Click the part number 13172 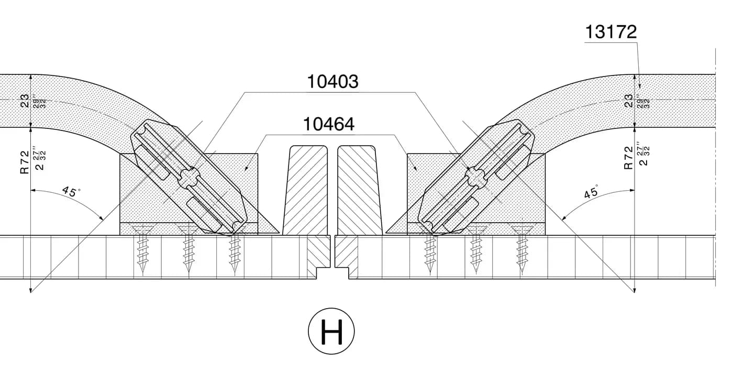(x=610, y=32)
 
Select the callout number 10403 (x=332, y=81)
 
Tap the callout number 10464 (x=329, y=124)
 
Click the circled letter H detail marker (x=331, y=331)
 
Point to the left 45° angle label (x=71, y=191)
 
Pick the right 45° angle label (x=592, y=192)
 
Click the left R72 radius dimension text (x=25, y=162)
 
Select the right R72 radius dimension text (x=629, y=158)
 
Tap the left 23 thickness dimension (x=25, y=101)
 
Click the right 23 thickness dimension (x=629, y=101)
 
